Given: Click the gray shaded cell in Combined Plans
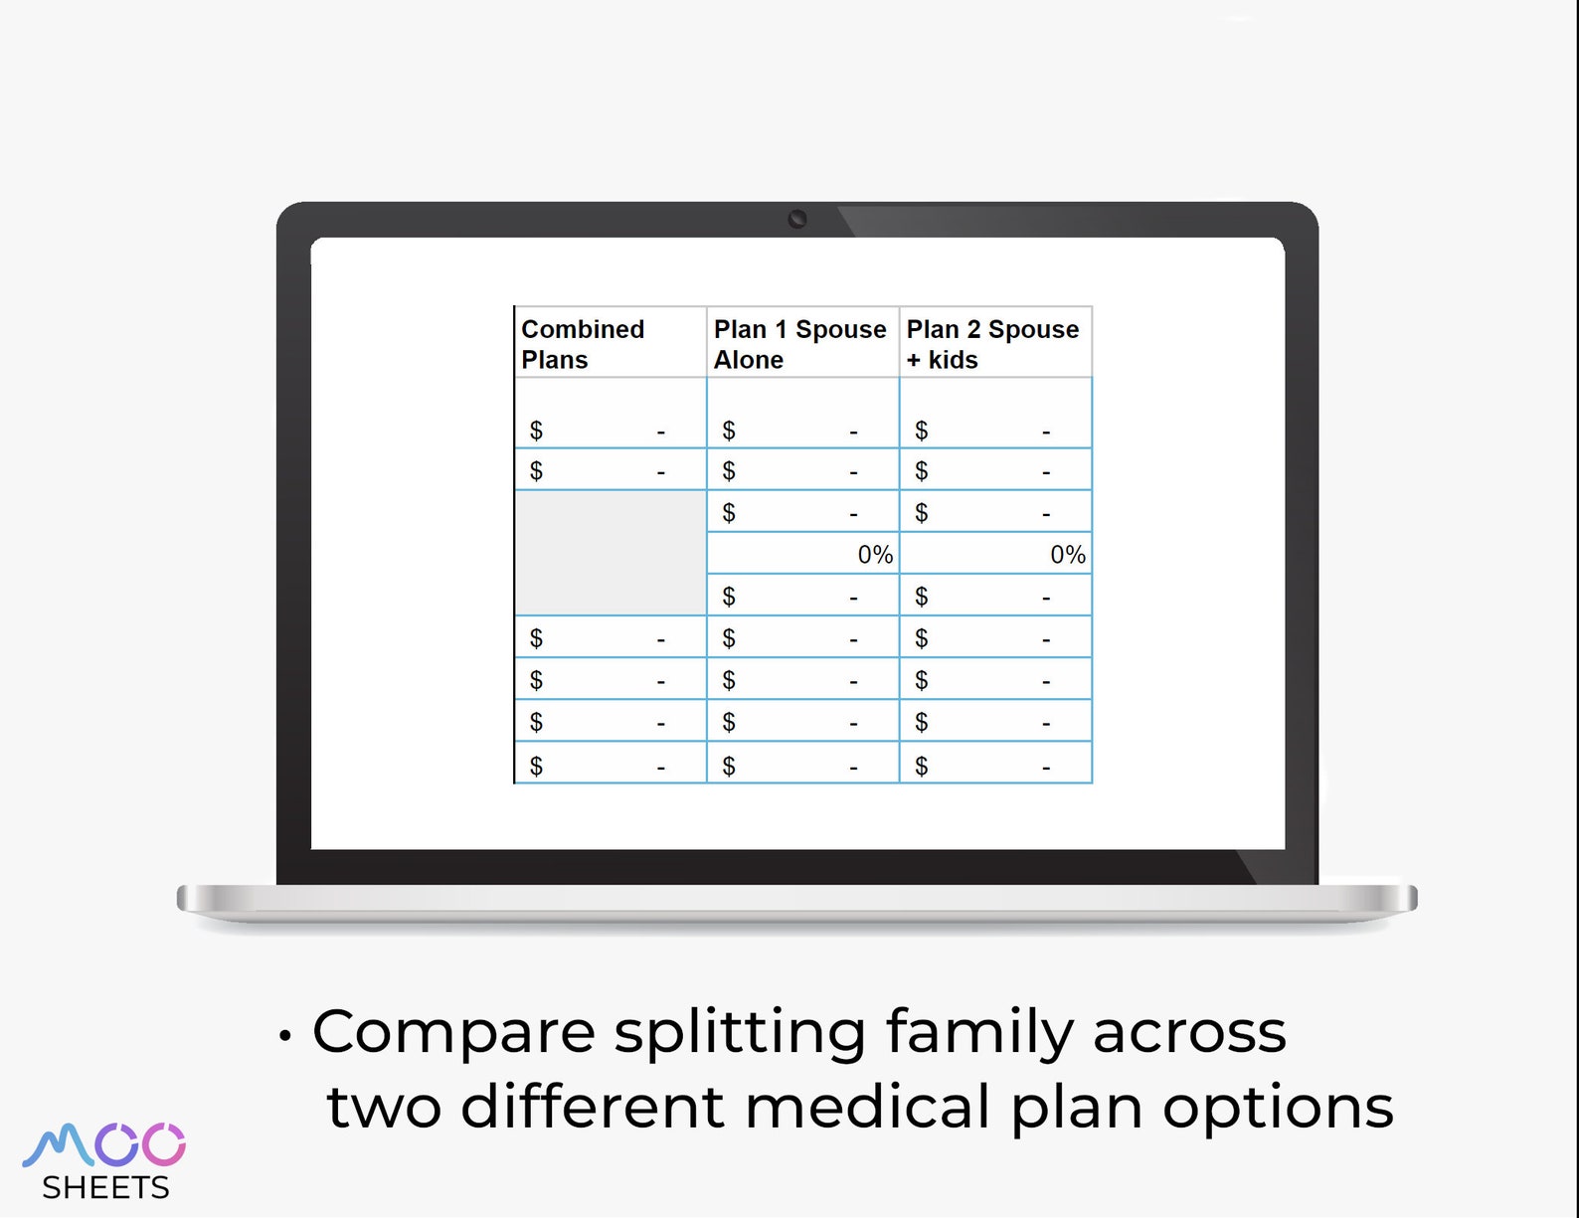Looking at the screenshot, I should [x=611, y=553].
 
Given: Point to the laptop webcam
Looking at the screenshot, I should [x=797, y=219].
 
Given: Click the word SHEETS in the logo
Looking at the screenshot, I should [x=105, y=1187].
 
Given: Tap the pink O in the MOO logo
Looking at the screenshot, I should [x=164, y=1144].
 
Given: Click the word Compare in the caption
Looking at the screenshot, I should [x=453, y=1032].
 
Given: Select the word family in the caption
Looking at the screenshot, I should [x=979, y=1032].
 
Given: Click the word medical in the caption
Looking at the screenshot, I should [x=867, y=1107].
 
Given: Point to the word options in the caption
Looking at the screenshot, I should [x=1278, y=1109].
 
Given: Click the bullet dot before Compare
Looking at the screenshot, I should [x=285, y=1036].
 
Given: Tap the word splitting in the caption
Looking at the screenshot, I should [x=740, y=1032].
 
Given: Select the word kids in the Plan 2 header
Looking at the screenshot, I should [x=953, y=360].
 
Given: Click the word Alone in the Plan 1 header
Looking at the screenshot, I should [x=749, y=360].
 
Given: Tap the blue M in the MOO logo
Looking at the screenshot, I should [x=58, y=1144].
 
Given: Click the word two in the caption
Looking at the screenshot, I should [x=384, y=1107].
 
